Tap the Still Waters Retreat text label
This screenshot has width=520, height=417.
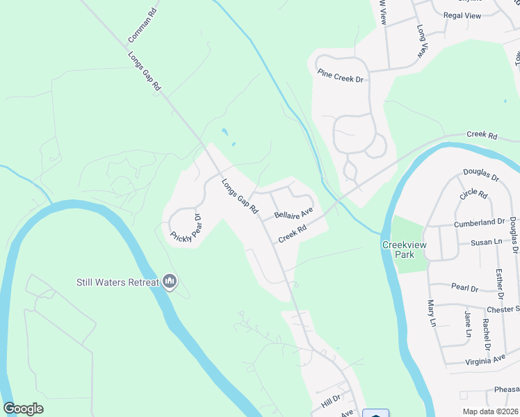(117, 282)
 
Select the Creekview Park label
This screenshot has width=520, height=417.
(398, 250)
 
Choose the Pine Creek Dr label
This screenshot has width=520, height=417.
(341, 76)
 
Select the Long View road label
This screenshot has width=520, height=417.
(422, 41)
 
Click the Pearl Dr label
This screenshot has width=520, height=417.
(464, 288)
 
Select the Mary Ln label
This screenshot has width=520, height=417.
(432, 313)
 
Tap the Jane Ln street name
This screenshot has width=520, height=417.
(468, 324)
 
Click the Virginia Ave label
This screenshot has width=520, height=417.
(487, 360)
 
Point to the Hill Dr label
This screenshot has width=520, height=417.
(331, 399)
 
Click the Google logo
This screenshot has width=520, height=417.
(23, 409)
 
